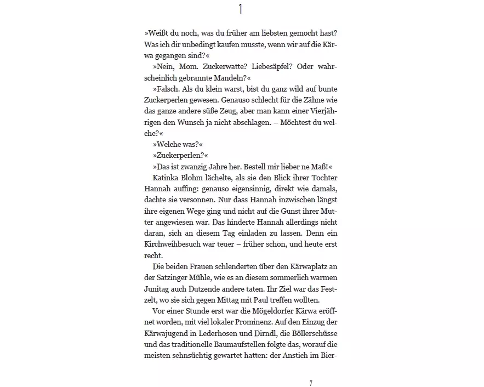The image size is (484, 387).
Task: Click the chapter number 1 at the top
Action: pos(240,9)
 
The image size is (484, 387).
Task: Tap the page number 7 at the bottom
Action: pos(311,383)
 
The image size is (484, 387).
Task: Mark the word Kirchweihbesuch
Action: pos(176,244)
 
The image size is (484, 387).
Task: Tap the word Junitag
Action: pos(158,289)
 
